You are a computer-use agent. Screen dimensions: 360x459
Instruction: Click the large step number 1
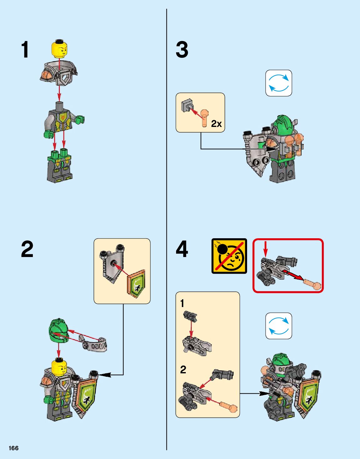[25, 49]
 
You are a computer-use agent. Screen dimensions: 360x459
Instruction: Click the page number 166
[14, 448]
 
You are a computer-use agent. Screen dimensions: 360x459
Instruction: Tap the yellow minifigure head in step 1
[59, 49]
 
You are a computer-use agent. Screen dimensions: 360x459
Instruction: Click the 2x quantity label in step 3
[216, 124]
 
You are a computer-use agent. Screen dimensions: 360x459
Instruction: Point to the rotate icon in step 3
[279, 83]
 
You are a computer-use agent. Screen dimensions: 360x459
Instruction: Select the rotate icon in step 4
[279, 326]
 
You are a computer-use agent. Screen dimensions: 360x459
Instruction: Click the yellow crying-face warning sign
[229, 256]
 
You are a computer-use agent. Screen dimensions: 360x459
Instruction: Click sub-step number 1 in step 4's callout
[182, 304]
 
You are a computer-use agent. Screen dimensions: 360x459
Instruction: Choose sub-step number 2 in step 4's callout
[183, 370]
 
